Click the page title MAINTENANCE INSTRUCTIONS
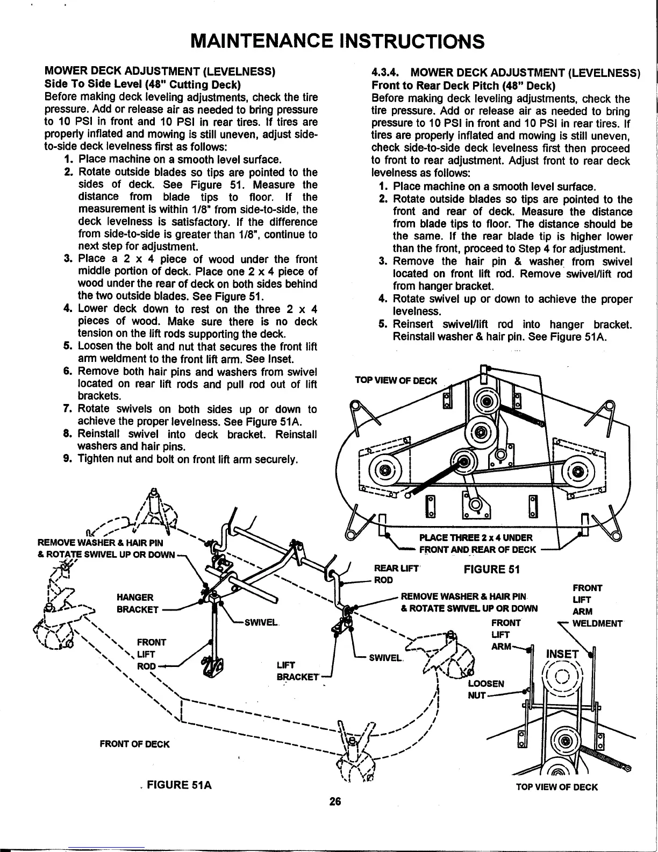tap(338, 41)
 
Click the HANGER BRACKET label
tap(137, 603)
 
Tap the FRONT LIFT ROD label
tap(148, 654)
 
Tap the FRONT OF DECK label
tap(135, 744)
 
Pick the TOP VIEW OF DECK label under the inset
tap(556, 787)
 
